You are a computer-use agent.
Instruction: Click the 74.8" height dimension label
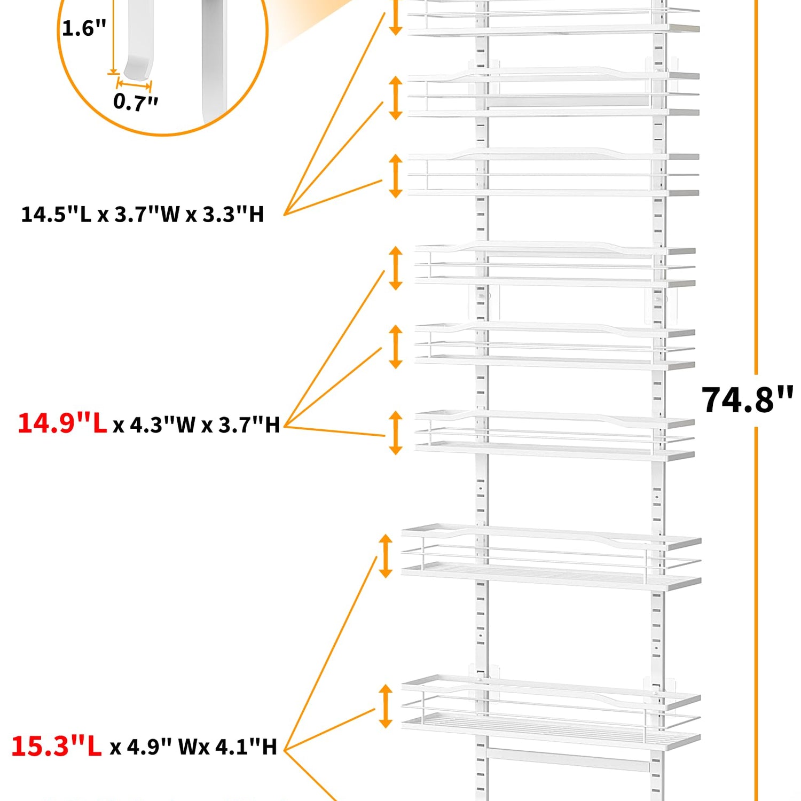click(x=747, y=400)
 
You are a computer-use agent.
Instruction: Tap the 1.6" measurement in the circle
click(x=84, y=28)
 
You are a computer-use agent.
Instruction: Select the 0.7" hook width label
click(x=136, y=101)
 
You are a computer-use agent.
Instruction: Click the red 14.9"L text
click(x=62, y=423)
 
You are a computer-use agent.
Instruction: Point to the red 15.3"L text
click(x=56, y=746)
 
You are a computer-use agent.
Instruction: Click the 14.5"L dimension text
click(x=56, y=215)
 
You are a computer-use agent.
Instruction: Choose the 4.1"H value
click(x=246, y=747)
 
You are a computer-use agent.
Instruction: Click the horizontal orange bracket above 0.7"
click(x=134, y=84)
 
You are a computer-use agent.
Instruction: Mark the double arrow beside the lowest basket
click(x=385, y=706)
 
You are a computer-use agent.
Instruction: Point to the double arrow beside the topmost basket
click(x=395, y=16)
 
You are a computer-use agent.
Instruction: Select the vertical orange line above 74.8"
click(x=756, y=187)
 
